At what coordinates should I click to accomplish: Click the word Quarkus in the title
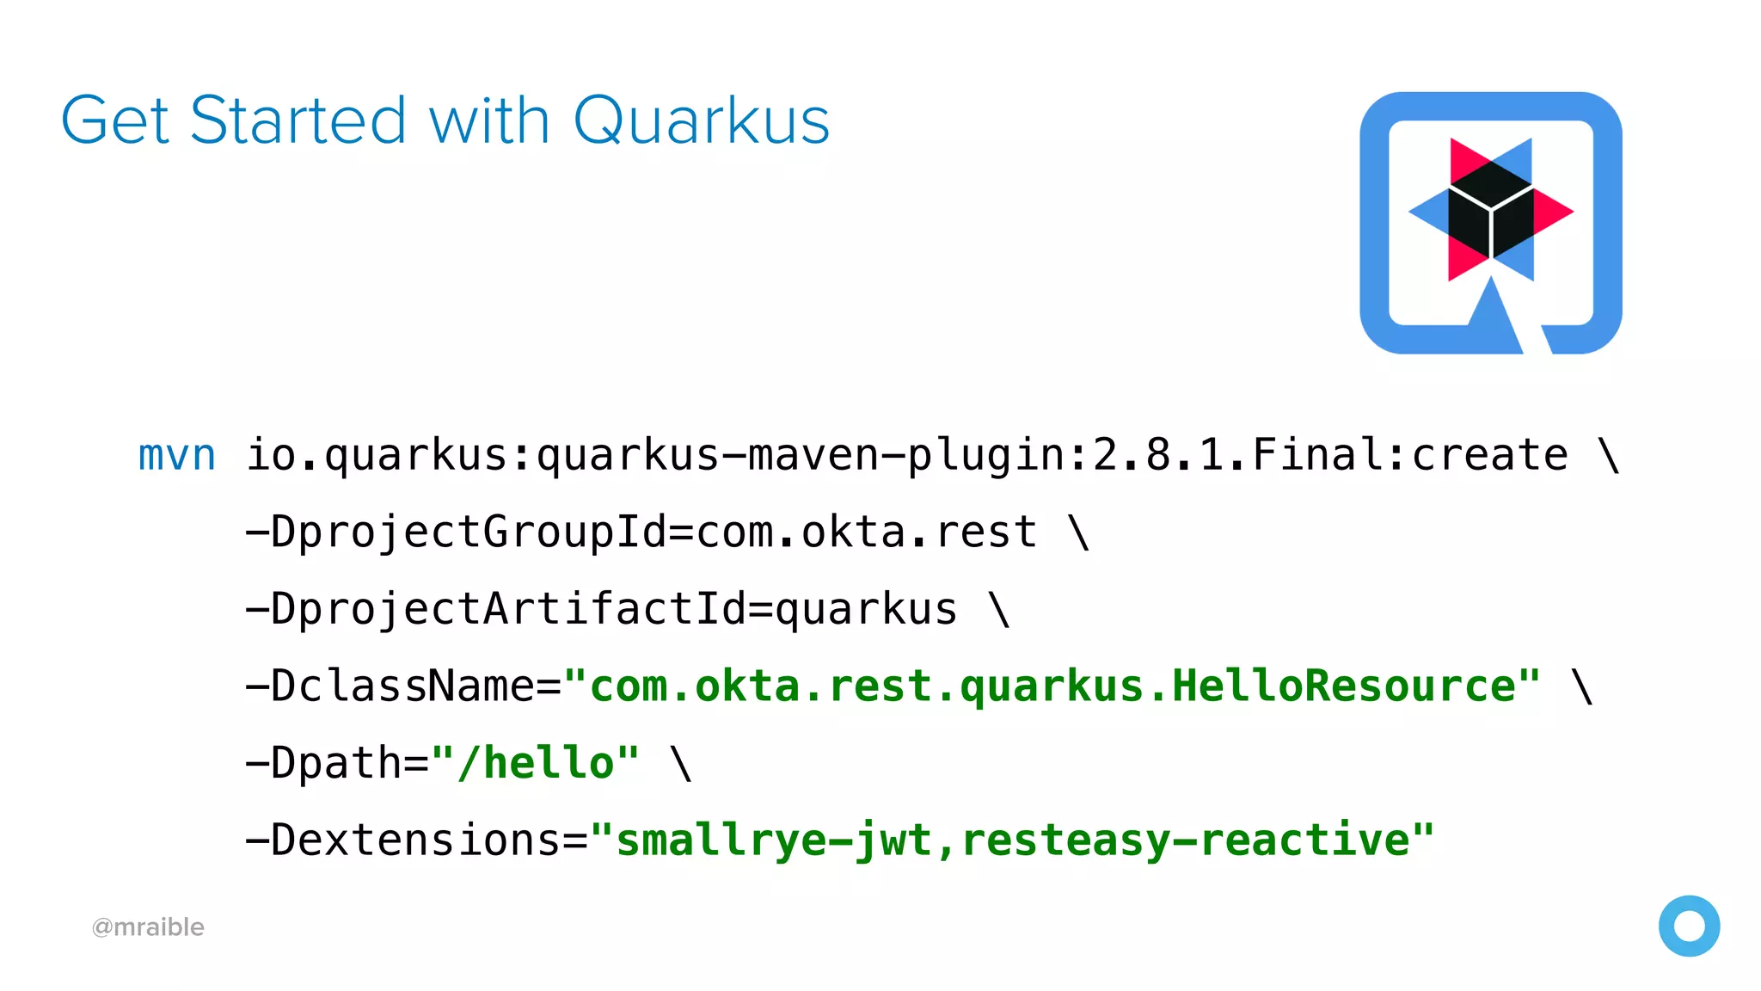pos(701,120)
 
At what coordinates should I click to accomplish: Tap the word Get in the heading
pos(114,120)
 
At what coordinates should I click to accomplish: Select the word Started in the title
pos(298,120)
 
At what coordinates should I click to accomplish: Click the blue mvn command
pos(177,455)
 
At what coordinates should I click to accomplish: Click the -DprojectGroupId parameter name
pos(456,532)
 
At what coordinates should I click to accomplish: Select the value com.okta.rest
pos(867,532)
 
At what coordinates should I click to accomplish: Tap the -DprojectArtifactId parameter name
pos(495,609)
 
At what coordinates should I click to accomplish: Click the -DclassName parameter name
pos(390,686)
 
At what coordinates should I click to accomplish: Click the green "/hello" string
pos(536,763)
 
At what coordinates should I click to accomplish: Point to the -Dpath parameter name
pos(323,763)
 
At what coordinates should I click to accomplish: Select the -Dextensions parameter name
pos(402,840)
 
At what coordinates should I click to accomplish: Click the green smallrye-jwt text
pos(774,840)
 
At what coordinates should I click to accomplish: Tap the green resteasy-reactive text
pos(1187,840)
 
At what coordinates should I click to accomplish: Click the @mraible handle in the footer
pos(148,927)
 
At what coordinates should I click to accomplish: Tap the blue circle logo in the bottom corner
pos(1689,926)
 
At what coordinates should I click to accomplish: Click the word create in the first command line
pos(1490,455)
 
